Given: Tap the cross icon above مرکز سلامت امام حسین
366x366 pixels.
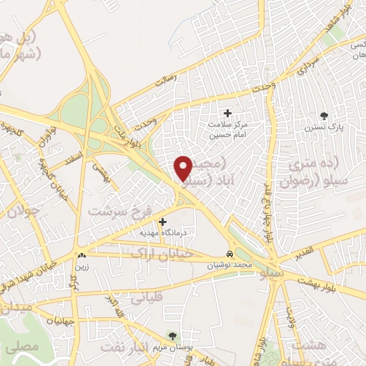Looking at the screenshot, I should [228, 113].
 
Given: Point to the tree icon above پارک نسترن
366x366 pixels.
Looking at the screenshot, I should [325, 114].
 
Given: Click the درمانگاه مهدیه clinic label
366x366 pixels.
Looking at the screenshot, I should [164, 233].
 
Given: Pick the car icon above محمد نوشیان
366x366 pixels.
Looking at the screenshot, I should [228, 254].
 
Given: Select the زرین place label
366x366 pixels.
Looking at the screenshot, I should [82, 266].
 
